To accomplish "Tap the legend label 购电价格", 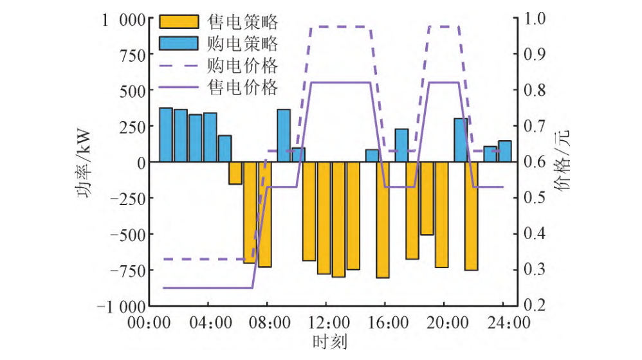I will pos(243,65).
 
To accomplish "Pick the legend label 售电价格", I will pos(243,85).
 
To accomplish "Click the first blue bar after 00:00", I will pos(166,135).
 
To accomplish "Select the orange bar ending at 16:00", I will pos(383,220).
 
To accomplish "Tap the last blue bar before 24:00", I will pos(505,151).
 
